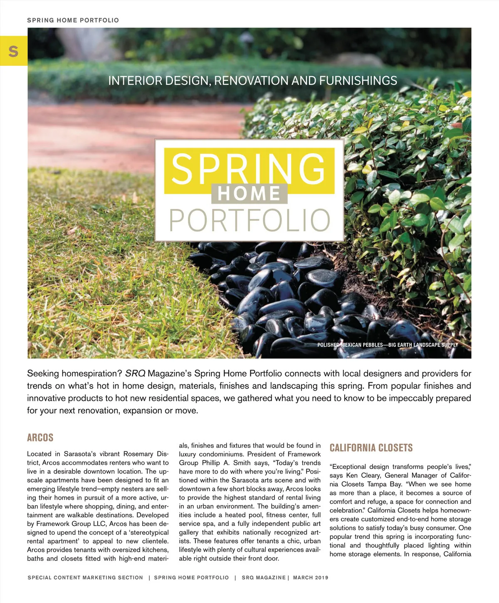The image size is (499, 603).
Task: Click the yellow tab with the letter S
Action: coord(13,51)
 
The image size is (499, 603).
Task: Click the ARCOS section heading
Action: coord(40,438)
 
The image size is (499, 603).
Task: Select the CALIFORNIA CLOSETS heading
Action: coord(371,448)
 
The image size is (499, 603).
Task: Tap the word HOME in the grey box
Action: coord(249,194)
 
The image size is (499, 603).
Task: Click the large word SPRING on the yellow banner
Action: coord(249,169)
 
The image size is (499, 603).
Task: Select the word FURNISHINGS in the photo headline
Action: coord(358,80)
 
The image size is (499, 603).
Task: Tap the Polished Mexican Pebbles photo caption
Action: coord(387,345)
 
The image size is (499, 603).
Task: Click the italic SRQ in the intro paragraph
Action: coord(135,373)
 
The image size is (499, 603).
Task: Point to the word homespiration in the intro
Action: coord(92,373)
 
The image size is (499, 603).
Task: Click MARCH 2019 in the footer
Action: coord(310,578)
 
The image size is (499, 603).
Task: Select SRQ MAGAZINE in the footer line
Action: coord(264,578)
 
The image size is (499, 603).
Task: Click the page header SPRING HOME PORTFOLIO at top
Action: coord(73,20)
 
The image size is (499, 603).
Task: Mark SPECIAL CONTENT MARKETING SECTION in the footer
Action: coord(85,578)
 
